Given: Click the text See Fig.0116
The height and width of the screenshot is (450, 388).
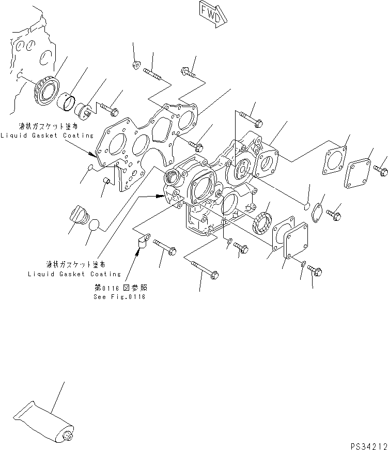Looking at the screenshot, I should [119, 297].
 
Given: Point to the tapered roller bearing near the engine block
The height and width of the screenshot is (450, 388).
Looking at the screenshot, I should [46, 93].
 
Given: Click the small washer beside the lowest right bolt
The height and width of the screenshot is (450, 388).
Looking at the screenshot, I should [302, 264].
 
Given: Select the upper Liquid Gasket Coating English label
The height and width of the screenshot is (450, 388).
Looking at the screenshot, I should [46, 136].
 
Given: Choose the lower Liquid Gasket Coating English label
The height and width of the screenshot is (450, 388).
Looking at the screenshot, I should [74, 274].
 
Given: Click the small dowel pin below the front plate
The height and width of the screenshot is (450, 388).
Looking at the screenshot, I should [107, 181].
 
